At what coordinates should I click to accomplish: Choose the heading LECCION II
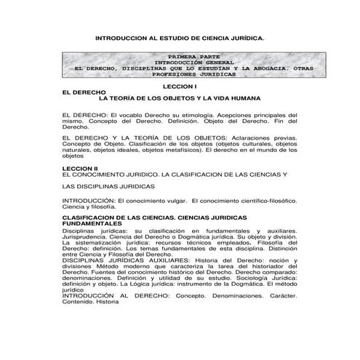[x=81, y=168]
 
